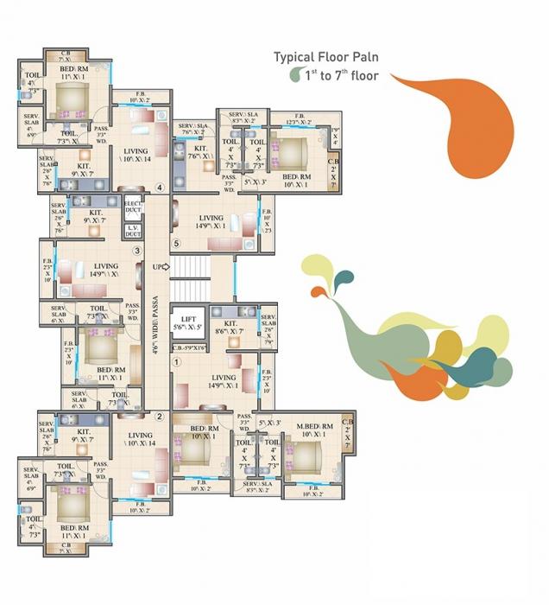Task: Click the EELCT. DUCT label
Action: [132, 207]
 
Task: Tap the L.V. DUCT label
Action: [132, 231]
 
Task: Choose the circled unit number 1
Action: [176, 363]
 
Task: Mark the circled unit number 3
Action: [136, 251]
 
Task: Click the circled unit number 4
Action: [159, 188]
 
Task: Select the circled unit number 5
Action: [176, 245]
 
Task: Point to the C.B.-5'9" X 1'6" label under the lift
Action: [188, 348]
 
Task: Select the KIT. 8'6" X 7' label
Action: [230, 327]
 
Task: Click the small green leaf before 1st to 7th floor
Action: [294, 76]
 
